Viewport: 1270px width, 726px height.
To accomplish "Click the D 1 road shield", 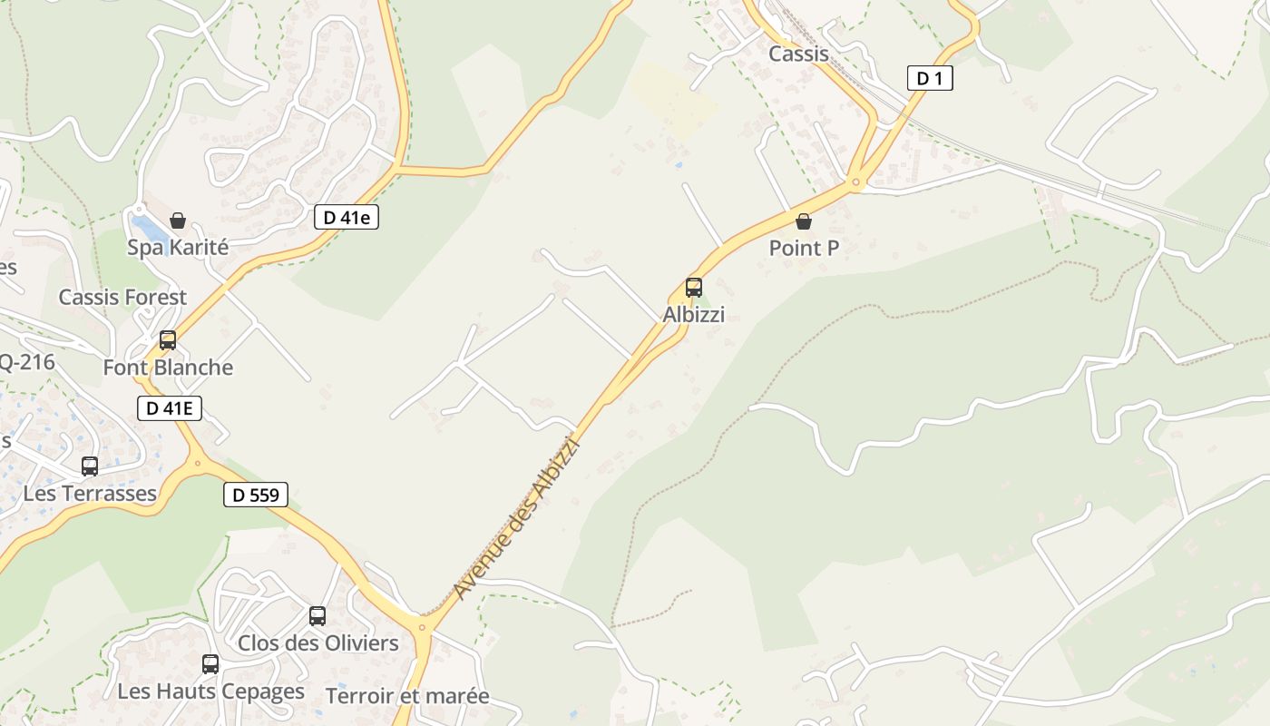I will tap(930, 78).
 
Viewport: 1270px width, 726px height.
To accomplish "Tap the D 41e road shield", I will tap(346, 217).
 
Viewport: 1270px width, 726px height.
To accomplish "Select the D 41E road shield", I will tap(169, 408).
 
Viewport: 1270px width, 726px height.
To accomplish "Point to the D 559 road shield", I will tap(255, 495).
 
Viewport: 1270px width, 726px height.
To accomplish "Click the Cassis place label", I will tap(798, 54).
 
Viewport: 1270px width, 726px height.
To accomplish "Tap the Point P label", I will tap(804, 248).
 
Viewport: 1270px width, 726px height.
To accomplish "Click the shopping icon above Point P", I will tap(803, 221).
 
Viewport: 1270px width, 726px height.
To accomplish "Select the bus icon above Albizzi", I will tap(694, 288).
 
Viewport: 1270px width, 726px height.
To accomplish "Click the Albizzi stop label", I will tap(694, 315).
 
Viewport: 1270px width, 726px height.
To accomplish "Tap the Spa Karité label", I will tap(178, 247).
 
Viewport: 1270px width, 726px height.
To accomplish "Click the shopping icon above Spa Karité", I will tap(178, 221).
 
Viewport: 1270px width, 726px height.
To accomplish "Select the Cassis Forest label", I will tap(122, 297).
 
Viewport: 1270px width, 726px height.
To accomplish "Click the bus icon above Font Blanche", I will tap(168, 340).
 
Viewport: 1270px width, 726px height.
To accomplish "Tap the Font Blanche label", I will tap(168, 368).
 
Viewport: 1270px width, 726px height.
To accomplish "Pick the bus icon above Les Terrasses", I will tap(90, 466).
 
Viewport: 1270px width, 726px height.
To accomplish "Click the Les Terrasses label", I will tap(90, 494).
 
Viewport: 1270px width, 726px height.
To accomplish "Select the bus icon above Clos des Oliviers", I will tap(317, 616).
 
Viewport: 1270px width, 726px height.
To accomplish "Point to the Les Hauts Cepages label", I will tap(210, 692).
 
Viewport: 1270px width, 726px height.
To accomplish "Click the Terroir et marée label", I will tap(407, 696).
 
